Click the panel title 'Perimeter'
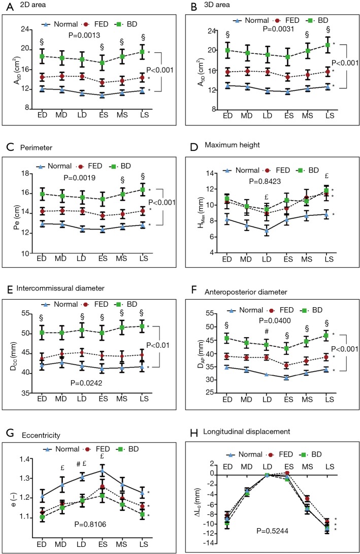32,152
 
